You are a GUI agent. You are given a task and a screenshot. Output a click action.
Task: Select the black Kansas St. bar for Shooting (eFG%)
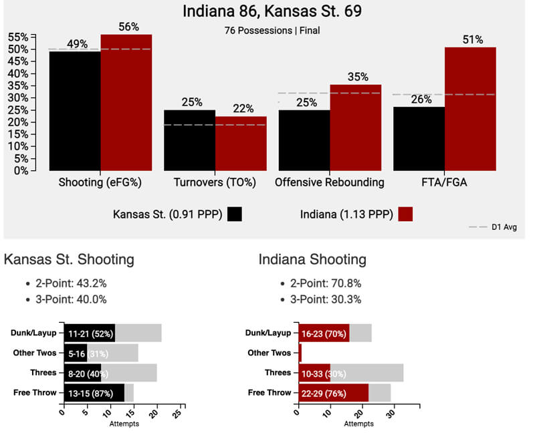(75, 111)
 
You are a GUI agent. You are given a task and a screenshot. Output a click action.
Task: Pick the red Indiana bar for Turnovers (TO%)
(241, 143)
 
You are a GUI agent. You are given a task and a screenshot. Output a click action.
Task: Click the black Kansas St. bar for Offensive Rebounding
(304, 140)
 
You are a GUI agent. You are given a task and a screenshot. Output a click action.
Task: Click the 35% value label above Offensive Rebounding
(358, 77)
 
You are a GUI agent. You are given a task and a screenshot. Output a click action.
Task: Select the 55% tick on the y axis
(18, 37)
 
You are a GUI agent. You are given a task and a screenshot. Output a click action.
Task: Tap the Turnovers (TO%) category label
(215, 182)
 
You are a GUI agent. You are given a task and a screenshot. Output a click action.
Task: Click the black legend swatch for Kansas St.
(234, 214)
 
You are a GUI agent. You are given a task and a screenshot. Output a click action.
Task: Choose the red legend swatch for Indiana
(405, 214)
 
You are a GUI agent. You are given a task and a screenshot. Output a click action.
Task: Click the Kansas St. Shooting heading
(70, 259)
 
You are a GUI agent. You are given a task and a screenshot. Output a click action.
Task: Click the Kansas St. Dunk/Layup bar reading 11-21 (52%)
(88, 333)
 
